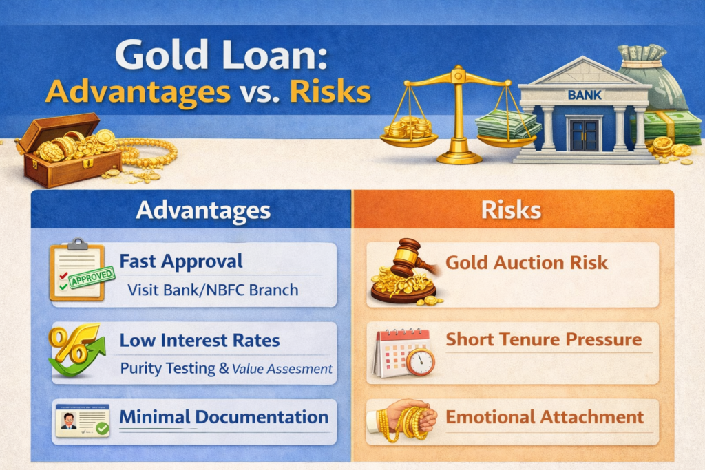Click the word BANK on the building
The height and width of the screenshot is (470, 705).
(584, 94)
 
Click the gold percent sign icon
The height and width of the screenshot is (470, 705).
(67, 345)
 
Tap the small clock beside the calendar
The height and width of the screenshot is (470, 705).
(420, 361)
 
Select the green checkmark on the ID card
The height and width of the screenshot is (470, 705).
(102, 428)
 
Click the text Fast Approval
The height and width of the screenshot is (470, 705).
(181, 261)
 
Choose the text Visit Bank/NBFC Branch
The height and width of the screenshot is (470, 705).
(213, 289)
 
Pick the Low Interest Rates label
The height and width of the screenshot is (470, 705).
(200, 341)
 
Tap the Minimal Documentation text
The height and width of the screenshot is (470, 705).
(224, 416)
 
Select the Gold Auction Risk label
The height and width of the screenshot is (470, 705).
(527, 262)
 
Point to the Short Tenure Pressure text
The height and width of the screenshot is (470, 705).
(543, 339)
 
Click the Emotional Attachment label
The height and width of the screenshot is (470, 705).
(545, 416)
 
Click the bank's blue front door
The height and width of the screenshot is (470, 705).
(584, 135)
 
